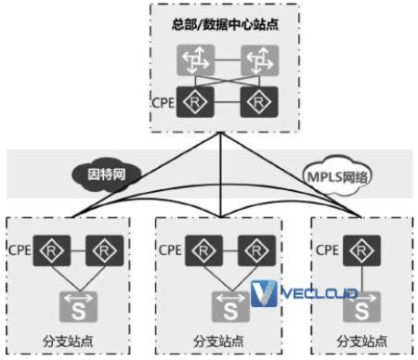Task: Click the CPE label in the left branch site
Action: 20,249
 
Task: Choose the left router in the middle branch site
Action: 202,249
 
